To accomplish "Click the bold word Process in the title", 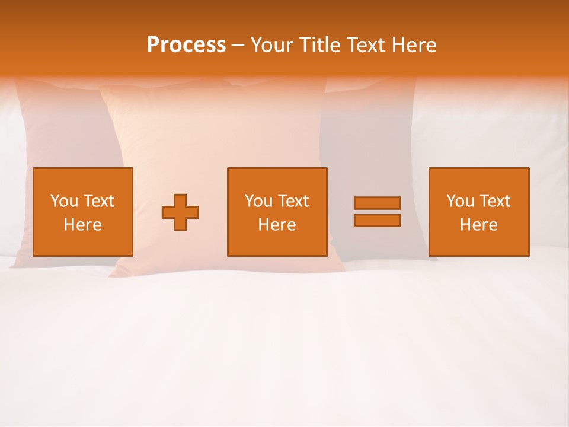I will click(186, 45).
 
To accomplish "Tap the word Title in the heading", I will click(321, 45).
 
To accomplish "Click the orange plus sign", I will click(180, 212).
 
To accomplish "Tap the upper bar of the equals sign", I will click(377, 203).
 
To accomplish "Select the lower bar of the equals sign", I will click(377, 221).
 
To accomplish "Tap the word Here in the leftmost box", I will click(82, 225).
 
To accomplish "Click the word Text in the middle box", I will click(293, 201).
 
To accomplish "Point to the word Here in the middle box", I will click(277, 225).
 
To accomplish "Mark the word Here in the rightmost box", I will click(479, 225).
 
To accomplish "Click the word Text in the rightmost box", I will click(494, 201).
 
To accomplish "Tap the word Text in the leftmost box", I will click(98, 201).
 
